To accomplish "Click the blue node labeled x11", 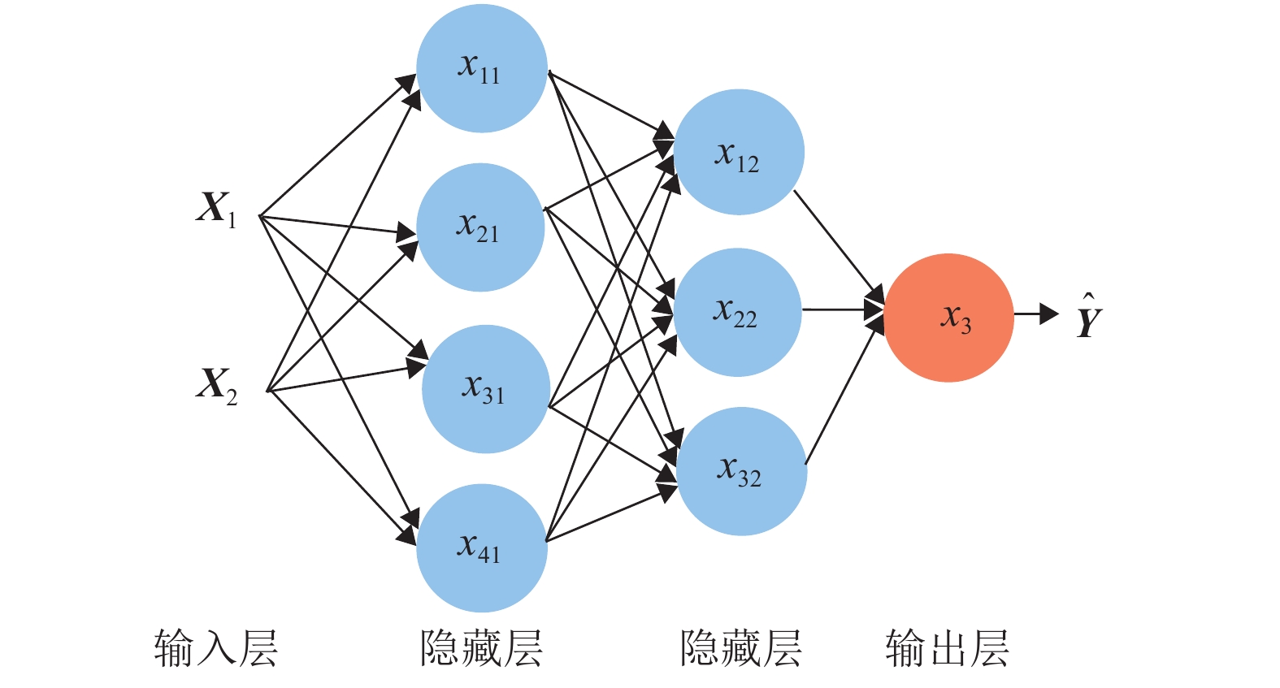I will click(x=482, y=68).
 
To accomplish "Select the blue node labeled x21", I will click(x=480, y=227).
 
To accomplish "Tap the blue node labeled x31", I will click(x=486, y=389).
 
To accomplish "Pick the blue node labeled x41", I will click(x=482, y=547).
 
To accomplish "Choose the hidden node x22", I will click(x=737, y=313).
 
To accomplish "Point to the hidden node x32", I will click(x=741, y=471).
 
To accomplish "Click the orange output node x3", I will click(x=948, y=318).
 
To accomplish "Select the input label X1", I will click(x=216, y=209).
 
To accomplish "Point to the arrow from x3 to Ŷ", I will click(x=1035, y=314).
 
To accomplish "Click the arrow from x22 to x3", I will click(x=841, y=309).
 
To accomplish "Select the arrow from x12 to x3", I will click(x=837, y=244).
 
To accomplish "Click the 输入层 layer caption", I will click(x=216, y=649).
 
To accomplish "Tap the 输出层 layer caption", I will click(x=948, y=649).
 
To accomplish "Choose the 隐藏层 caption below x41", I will click(x=481, y=649).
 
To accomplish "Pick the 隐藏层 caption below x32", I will click(x=740, y=649).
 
